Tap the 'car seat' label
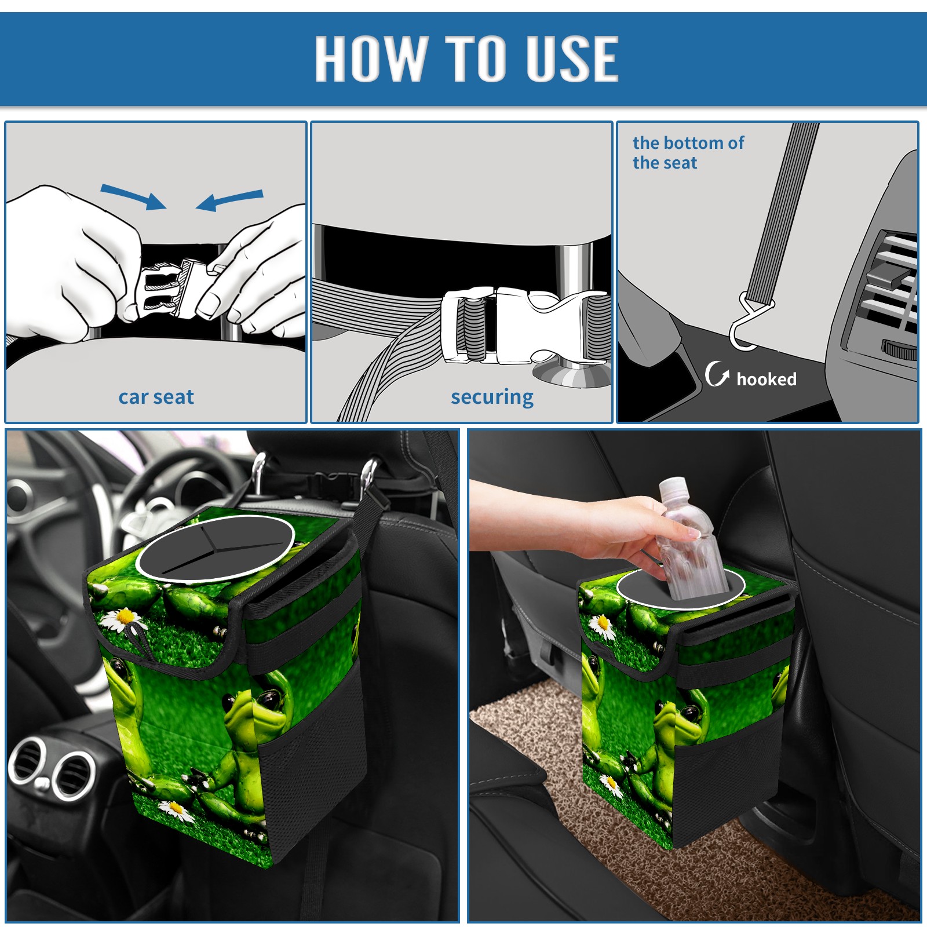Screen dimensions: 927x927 pyautogui.click(x=156, y=397)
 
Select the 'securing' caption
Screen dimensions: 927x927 pyautogui.click(x=492, y=397)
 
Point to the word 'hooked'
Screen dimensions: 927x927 pyautogui.click(x=767, y=379)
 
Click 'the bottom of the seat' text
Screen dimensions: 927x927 pyautogui.click(x=688, y=152)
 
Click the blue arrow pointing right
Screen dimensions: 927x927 pyautogui.click(x=133, y=196)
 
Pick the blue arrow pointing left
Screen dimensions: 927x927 pyautogui.click(x=229, y=200)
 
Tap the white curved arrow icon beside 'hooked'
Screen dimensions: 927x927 pyautogui.click(x=717, y=374)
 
